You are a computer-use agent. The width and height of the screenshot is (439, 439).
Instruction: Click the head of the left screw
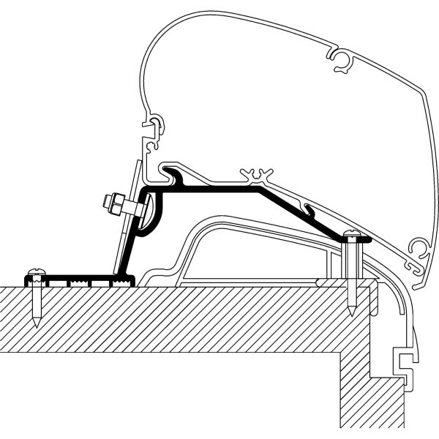(34, 272)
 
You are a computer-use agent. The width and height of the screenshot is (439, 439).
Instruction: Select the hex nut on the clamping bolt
(115, 204)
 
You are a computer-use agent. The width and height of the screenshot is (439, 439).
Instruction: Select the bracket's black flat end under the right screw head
(359, 239)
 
